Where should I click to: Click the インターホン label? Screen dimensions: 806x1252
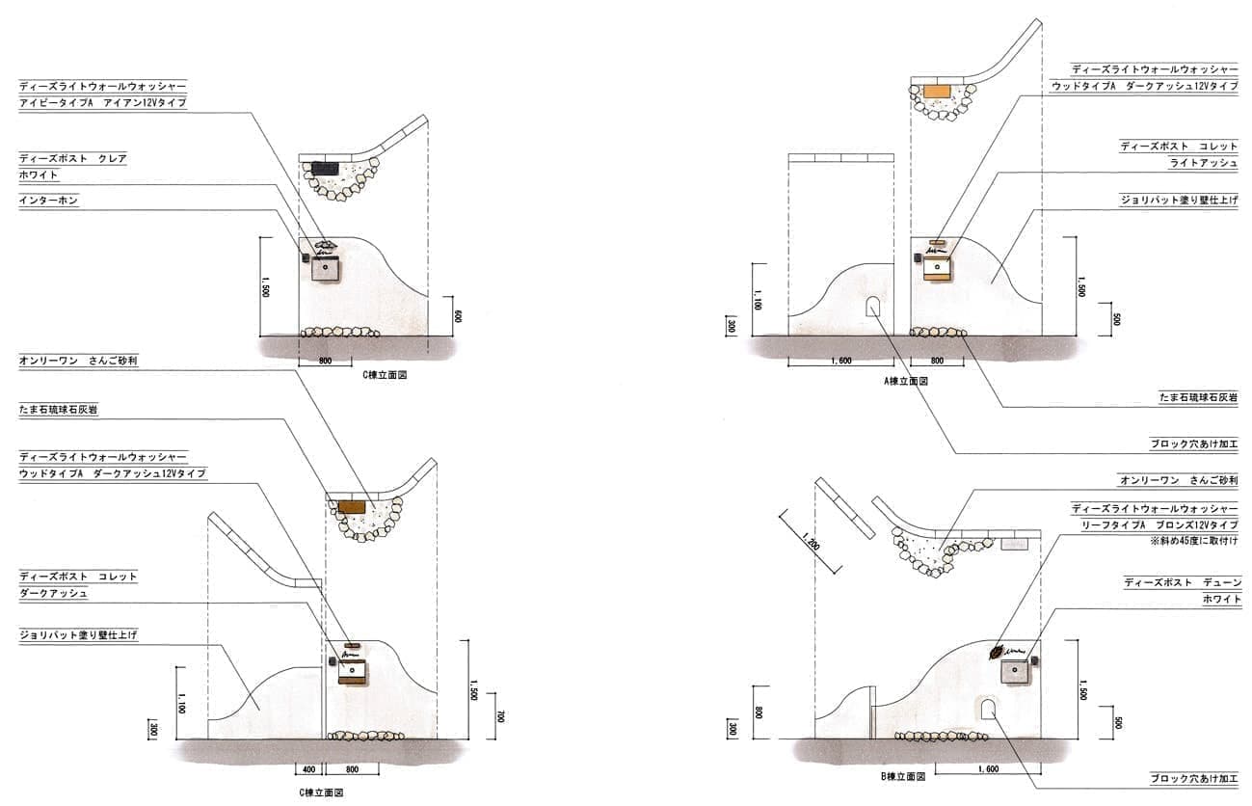click(49, 200)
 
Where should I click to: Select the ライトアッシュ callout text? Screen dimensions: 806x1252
click(1204, 164)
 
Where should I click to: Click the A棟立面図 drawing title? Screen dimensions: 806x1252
click(906, 381)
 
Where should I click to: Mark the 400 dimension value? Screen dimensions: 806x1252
click(308, 770)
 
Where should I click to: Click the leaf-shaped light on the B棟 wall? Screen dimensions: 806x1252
click(996, 653)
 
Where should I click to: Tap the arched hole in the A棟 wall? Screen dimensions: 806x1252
click(874, 307)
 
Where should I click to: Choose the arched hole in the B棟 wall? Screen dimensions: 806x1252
click(988, 711)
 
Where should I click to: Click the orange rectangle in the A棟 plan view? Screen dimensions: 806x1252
click(937, 91)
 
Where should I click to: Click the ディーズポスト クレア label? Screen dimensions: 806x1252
click(73, 157)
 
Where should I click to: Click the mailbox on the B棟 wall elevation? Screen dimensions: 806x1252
click(1014, 671)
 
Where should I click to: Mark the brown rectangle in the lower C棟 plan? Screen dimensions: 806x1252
click(354, 507)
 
